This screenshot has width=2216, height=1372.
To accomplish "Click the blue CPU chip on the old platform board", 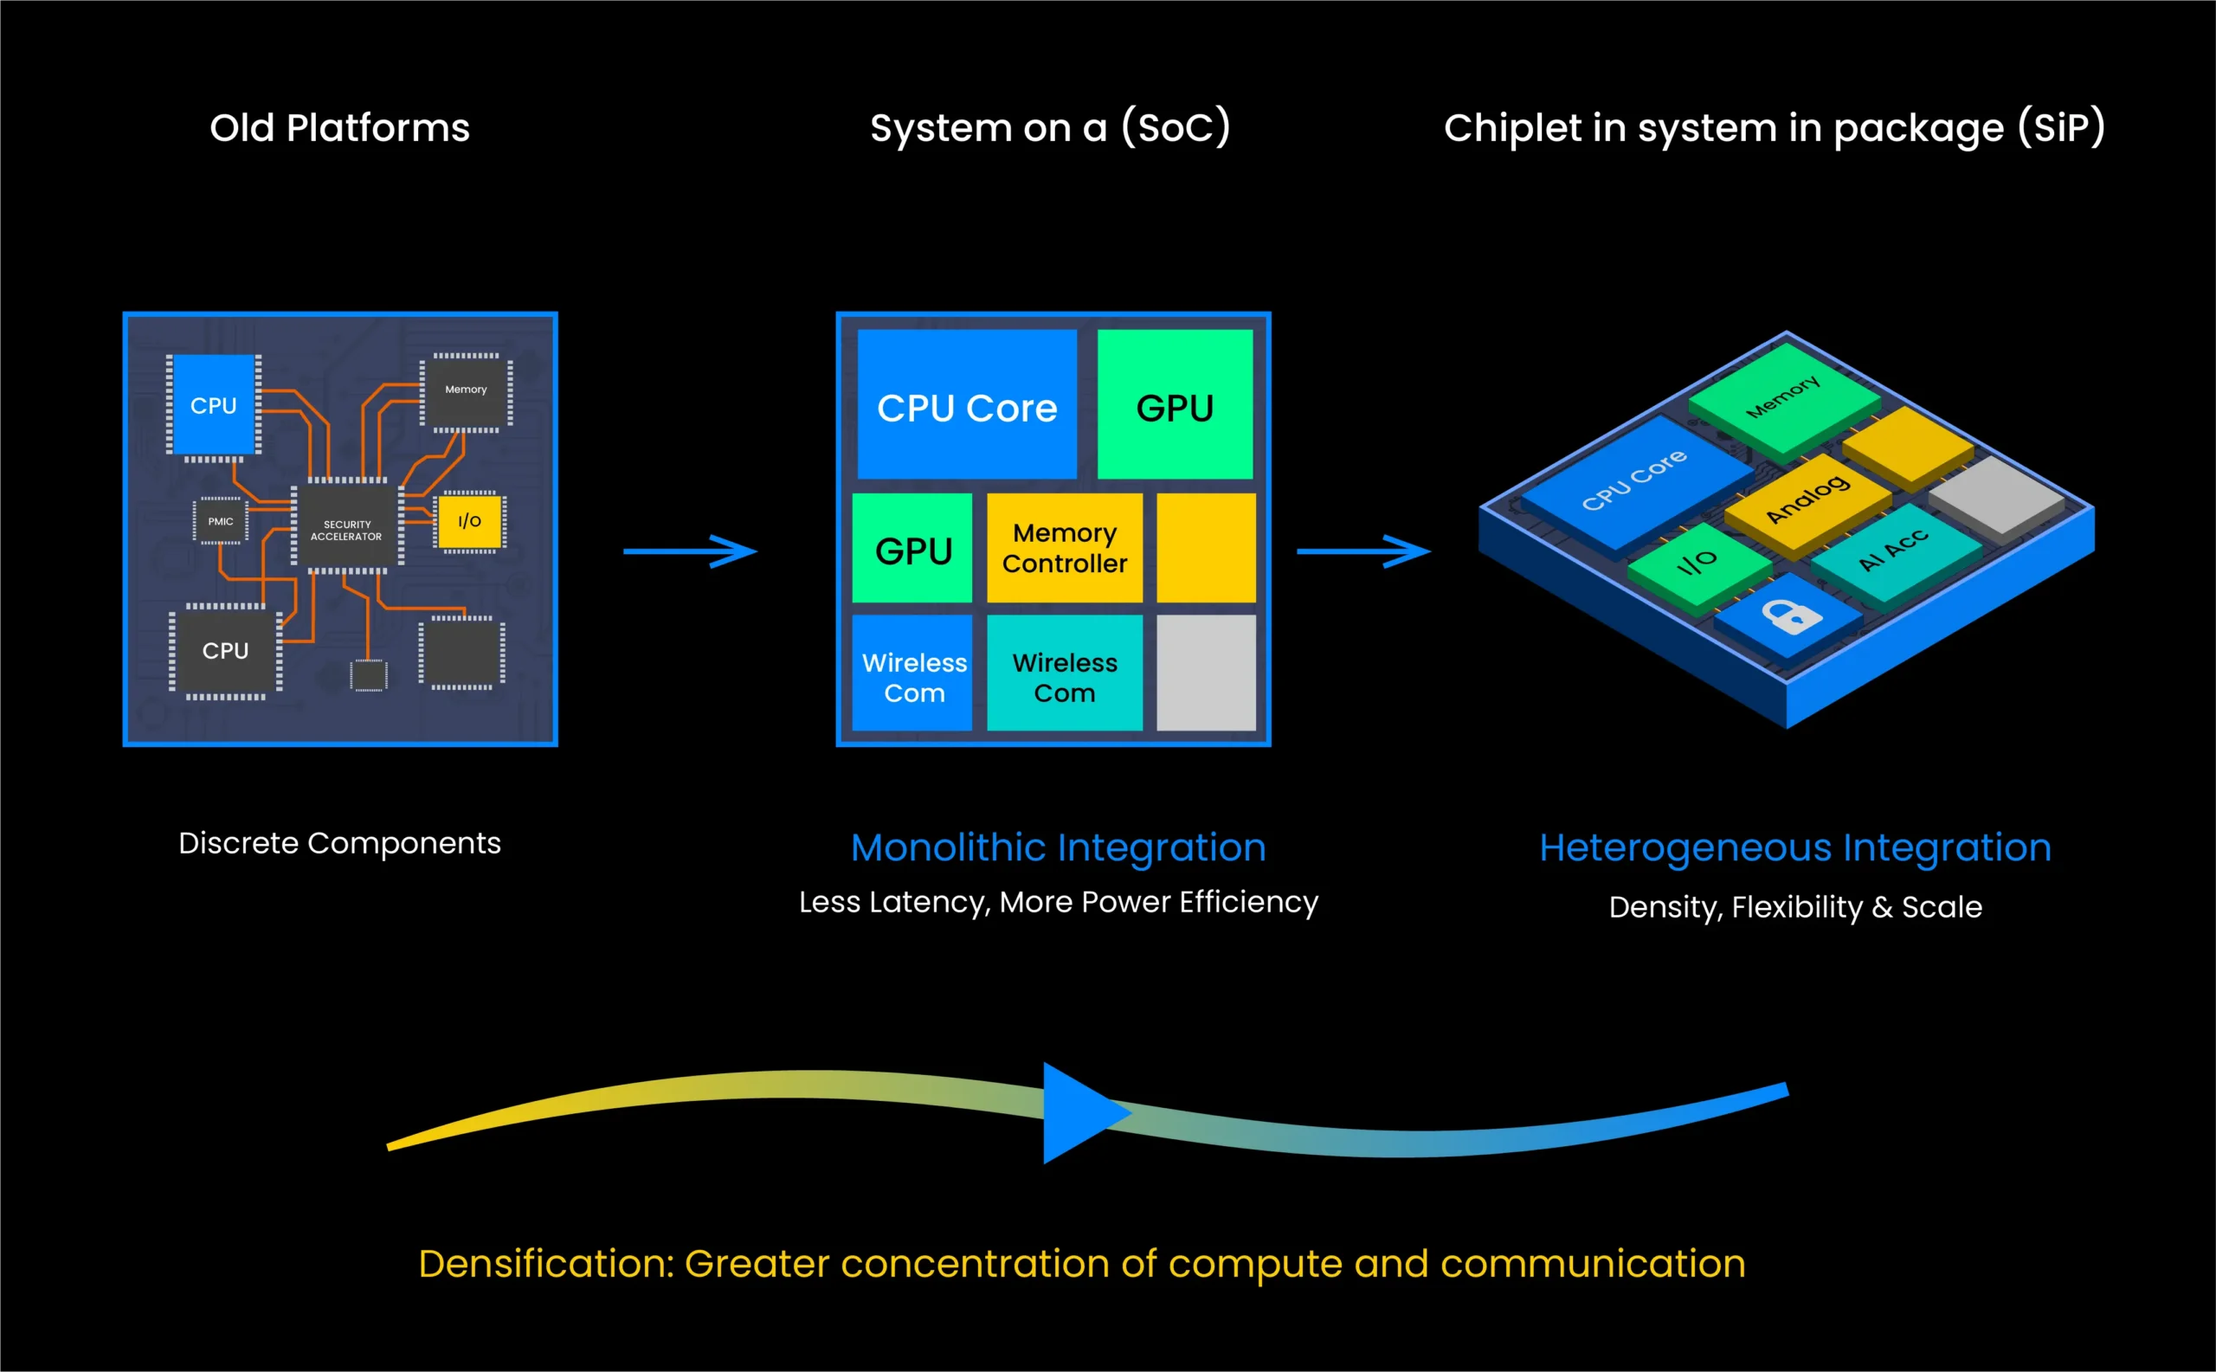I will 213,405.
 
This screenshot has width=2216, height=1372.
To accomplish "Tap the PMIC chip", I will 221,521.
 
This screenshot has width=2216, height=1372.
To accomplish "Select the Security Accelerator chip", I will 346,529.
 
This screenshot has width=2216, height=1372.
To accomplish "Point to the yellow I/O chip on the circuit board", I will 469,521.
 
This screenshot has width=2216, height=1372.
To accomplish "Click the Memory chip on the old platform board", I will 466,391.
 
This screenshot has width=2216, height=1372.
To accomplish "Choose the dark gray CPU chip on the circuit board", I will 225,651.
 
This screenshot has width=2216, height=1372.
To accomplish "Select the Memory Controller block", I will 1065,548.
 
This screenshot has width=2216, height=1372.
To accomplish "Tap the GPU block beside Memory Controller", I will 912,549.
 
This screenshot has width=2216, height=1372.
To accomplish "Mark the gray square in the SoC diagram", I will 1206,673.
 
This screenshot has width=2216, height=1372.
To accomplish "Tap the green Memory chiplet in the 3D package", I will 1782,397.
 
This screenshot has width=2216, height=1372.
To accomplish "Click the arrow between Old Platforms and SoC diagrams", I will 690,551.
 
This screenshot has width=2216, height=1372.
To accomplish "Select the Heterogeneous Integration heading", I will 1795,847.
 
